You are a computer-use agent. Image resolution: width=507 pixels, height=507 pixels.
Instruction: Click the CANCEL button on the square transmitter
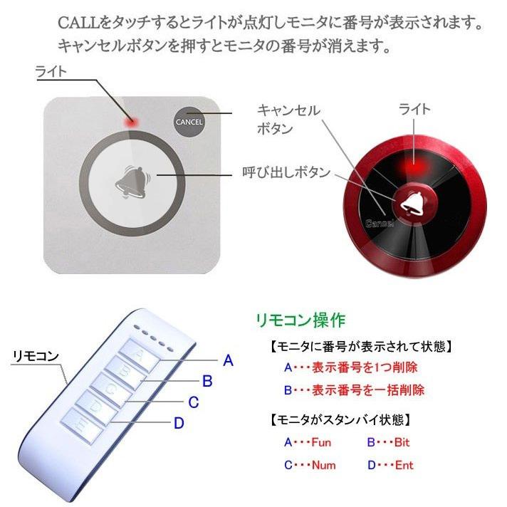pos(189,122)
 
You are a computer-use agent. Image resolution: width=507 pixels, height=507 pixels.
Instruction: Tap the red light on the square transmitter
pos(132,122)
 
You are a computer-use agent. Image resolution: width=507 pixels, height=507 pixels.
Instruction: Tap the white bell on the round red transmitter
pos(411,203)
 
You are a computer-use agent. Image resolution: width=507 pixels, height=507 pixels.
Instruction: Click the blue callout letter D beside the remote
pos(179,423)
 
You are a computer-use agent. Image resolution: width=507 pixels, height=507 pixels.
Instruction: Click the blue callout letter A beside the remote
pos(228,361)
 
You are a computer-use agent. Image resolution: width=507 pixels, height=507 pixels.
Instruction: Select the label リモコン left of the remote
pos(35,357)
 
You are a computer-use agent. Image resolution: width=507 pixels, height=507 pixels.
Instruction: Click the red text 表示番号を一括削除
pos(368,390)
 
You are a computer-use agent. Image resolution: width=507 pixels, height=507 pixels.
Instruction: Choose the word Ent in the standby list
pos(404,465)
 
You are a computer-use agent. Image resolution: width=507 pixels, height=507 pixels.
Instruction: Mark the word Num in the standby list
pos(323,465)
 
